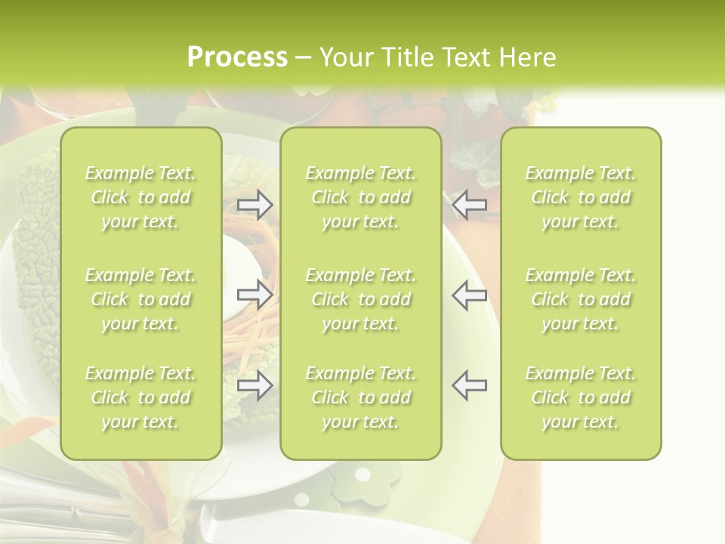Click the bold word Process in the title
coord(237,57)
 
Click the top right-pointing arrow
coord(255,205)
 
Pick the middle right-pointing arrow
coord(255,295)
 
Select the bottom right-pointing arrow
coord(255,385)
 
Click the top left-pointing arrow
coord(470,205)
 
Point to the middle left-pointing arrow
coord(470,295)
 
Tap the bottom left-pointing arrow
coord(470,385)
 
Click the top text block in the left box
coord(140,197)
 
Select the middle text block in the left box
coord(140,299)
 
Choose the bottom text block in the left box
coord(140,397)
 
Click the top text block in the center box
coord(361,197)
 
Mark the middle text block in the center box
coord(361,299)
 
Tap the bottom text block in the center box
coord(361,397)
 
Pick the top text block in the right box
coord(581,197)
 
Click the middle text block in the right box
coord(581,299)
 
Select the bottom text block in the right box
coord(581,397)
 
